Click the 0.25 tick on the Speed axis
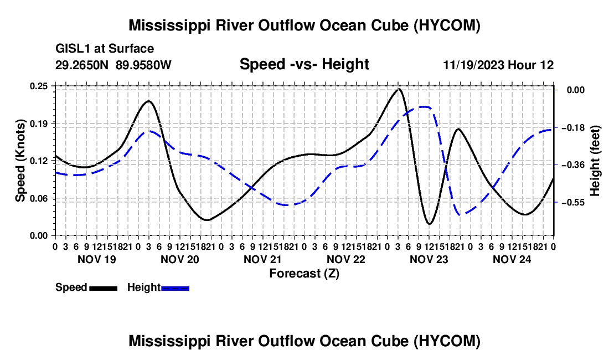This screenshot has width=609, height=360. tap(39, 86)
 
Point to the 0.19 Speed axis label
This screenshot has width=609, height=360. tap(39, 124)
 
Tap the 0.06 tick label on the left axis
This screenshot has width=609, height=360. tap(39, 198)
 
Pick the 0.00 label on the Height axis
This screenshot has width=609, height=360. tap(576, 90)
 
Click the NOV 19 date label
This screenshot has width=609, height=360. tap(97, 259)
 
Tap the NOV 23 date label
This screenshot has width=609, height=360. tap(429, 259)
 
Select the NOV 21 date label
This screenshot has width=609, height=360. tap(262, 259)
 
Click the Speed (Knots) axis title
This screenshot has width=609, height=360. tap(20, 161)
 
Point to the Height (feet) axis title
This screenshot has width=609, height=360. tap(595, 161)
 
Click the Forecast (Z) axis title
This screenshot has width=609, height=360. tap(304, 274)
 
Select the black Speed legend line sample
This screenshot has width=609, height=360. tap(104, 288)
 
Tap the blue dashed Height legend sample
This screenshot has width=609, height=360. tap(175, 288)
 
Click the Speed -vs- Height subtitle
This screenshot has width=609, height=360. tap(304, 64)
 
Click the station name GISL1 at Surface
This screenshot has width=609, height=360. tap(105, 49)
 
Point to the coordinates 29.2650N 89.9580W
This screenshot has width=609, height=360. tap(113, 65)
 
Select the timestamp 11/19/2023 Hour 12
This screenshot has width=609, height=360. tap(498, 65)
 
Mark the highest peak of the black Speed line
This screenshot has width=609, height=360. tap(399, 89)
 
